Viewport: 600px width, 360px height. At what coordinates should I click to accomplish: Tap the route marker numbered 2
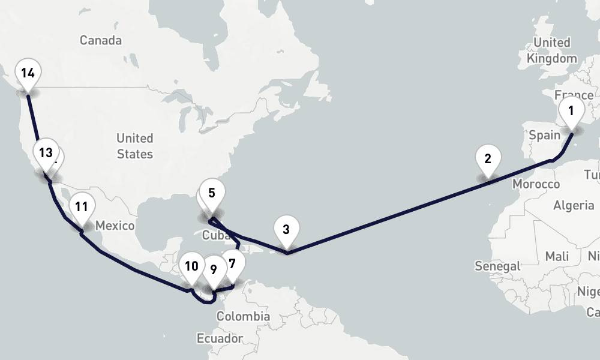[487, 160]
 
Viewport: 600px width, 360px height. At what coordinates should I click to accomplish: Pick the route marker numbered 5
[212, 194]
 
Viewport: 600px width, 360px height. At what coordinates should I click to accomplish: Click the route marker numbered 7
[232, 263]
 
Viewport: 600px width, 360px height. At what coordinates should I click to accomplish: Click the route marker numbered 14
[28, 74]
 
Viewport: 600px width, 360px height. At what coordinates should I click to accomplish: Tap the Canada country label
[101, 41]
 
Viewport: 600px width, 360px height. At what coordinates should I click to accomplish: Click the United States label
[135, 146]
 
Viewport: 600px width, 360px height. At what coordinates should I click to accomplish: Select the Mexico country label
[115, 226]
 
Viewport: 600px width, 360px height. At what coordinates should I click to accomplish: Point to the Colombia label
[243, 316]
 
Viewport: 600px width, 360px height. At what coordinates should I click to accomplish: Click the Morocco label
[536, 184]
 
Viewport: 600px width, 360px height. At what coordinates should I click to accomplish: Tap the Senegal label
[497, 266]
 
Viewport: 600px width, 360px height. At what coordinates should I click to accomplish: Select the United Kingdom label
[552, 50]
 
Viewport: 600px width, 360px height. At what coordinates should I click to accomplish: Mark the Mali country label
[557, 257]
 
